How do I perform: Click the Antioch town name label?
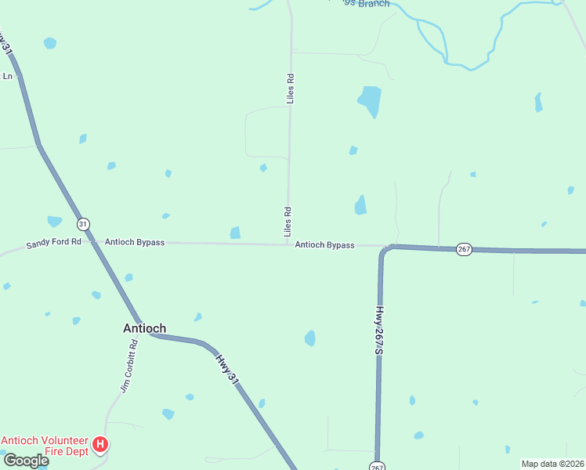click(144, 329)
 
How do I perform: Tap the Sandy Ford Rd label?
click(53, 243)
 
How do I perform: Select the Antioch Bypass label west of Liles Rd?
click(135, 243)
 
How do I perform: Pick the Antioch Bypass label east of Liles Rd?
click(324, 245)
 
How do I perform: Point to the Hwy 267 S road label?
click(379, 330)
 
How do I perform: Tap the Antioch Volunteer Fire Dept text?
click(45, 446)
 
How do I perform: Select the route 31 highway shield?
click(84, 224)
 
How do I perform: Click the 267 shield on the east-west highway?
click(464, 249)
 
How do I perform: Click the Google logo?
click(25, 461)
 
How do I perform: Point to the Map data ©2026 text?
click(552, 464)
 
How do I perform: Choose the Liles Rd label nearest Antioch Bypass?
click(288, 222)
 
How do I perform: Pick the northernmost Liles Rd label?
click(290, 89)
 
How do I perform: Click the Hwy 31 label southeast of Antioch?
click(226, 367)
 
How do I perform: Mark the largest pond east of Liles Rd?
click(370, 100)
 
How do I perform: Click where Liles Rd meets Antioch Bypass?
click(288, 244)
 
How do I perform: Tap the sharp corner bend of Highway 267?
click(385, 250)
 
